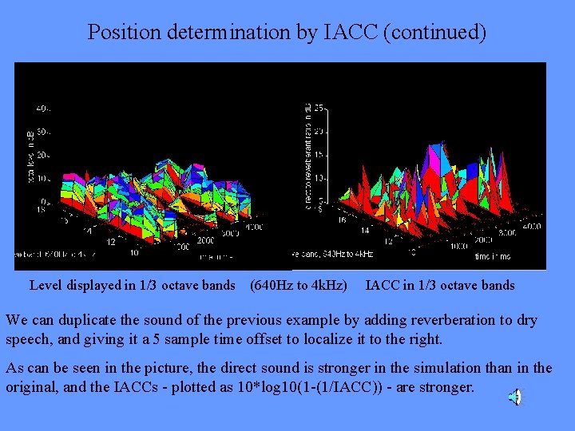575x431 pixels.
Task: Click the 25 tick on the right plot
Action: [x=318, y=108]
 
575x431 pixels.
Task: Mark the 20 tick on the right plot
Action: [x=318, y=131]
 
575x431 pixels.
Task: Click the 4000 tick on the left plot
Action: [x=253, y=227]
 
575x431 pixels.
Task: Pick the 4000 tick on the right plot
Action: [x=531, y=227]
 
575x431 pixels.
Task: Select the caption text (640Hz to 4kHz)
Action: [x=299, y=285]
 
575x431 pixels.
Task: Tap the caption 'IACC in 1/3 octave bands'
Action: [x=440, y=285]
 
